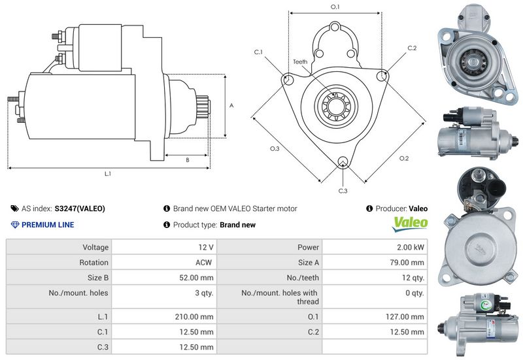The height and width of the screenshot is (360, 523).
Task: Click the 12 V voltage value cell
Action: coord(206,248)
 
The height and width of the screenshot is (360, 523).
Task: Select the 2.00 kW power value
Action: coord(410,248)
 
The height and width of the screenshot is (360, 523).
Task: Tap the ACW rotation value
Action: coord(205,263)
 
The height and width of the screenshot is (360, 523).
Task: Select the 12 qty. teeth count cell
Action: coord(413,278)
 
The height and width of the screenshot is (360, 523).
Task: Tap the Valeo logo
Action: coord(410,223)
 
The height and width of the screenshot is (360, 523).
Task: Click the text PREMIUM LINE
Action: coord(48,225)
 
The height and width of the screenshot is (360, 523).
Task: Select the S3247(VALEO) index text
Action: coord(80,209)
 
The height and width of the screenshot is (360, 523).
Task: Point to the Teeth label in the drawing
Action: coord(300,62)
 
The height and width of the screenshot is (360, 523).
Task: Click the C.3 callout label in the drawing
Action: coord(343,191)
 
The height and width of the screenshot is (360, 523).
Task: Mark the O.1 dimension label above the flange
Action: coord(335,7)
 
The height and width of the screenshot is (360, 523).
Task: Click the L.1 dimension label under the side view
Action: coord(108,174)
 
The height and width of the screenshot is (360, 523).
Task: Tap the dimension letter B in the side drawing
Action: coord(187,159)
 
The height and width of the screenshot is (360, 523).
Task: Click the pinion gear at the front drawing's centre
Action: coord(335,105)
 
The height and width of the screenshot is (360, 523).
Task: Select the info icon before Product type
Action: coord(167,225)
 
